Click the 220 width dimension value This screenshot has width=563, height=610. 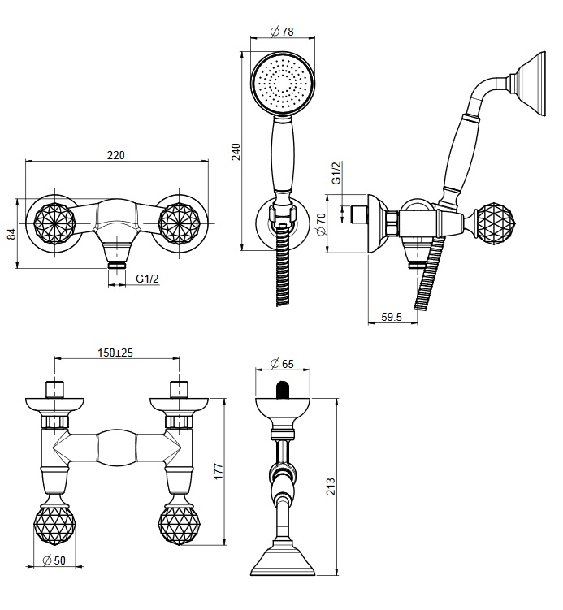(116, 156)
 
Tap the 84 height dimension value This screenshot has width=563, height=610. (11, 232)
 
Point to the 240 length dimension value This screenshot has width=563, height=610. (236, 151)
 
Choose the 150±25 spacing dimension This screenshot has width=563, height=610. (116, 353)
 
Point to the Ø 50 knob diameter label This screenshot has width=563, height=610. (54, 560)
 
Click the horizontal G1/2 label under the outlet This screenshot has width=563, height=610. (147, 279)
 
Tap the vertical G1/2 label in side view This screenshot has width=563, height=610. (336, 173)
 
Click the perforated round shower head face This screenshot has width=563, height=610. (281, 83)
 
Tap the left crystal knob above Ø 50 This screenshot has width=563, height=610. (54, 523)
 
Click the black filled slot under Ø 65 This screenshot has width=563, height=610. (282, 391)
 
